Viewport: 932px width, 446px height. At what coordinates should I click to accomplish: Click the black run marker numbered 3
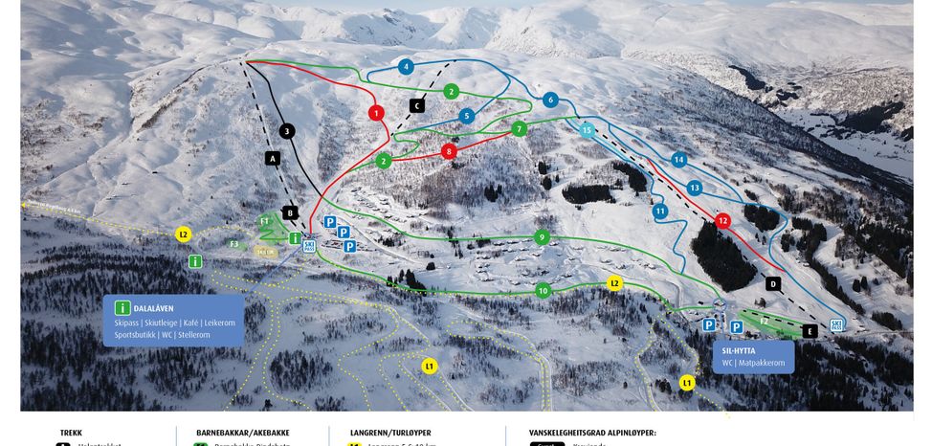[286, 131]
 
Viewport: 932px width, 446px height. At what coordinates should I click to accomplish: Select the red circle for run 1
[377, 113]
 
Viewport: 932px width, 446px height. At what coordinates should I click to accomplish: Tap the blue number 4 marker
[407, 67]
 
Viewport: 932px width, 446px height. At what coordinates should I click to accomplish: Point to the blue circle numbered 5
[467, 116]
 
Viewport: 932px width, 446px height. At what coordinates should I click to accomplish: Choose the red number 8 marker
[449, 151]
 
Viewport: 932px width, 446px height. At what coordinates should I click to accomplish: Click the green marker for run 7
[520, 128]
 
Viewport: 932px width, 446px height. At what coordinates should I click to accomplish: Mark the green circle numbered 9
[542, 236]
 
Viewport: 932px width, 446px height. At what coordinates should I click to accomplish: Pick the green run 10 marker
[544, 290]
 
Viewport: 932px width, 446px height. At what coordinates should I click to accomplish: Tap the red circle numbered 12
[723, 221]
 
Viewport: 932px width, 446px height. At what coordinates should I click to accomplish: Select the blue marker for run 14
[678, 160]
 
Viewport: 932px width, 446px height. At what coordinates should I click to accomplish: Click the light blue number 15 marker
[588, 129]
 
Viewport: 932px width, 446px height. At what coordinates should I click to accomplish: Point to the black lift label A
[273, 158]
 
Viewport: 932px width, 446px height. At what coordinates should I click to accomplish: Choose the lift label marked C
[417, 105]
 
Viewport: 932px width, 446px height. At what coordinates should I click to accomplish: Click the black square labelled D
[773, 283]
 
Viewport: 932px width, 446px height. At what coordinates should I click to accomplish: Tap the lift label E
[810, 331]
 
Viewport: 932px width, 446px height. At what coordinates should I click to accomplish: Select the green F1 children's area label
[265, 221]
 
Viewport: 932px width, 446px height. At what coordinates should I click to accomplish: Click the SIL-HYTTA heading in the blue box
[739, 350]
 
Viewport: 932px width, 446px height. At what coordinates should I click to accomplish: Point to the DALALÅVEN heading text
[154, 308]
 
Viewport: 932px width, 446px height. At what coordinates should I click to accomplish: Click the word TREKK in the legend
[71, 433]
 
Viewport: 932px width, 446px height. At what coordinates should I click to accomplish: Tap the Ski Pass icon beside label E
[837, 324]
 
